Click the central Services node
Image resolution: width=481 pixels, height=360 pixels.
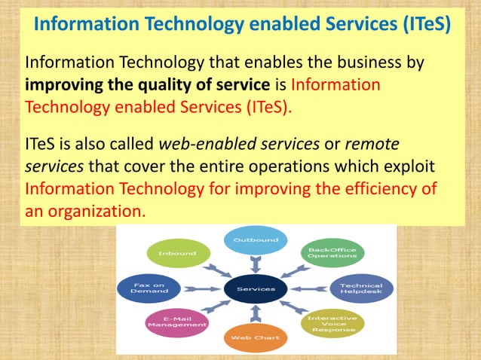256,288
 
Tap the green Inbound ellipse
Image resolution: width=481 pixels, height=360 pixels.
177,253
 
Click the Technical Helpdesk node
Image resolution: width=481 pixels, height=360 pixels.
360,289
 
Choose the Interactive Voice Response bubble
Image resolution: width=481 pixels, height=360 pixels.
332,323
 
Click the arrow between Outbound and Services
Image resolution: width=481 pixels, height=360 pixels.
256,264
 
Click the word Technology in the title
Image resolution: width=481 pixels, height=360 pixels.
189,24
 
